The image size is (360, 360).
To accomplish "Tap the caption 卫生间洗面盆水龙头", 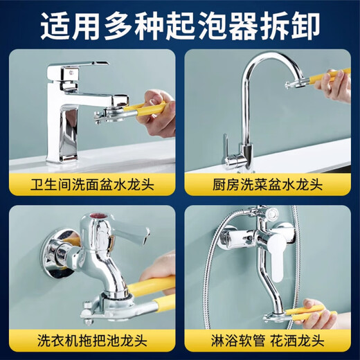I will coord(93,186).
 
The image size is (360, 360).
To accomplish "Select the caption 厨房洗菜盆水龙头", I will coord(267,186).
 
